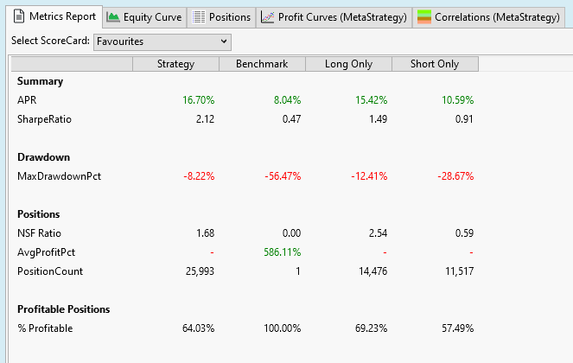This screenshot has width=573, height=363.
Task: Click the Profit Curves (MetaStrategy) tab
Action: [x=334, y=17]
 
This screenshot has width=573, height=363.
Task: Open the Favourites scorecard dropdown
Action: [x=162, y=41]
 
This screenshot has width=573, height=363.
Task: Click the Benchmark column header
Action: [x=262, y=64]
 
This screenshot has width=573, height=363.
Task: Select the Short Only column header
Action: [x=435, y=64]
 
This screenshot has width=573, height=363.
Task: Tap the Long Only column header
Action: [x=348, y=64]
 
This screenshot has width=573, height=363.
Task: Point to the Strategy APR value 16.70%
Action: [x=198, y=100]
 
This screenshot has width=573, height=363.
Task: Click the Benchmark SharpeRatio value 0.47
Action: [x=290, y=119]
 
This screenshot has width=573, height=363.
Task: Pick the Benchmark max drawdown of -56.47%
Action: [x=281, y=176]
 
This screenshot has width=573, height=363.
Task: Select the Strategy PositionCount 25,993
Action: [x=194, y=271]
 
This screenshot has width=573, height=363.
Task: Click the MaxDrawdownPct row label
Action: [x=55, y=176]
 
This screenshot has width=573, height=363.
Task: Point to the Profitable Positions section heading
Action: [x=63, y=309]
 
